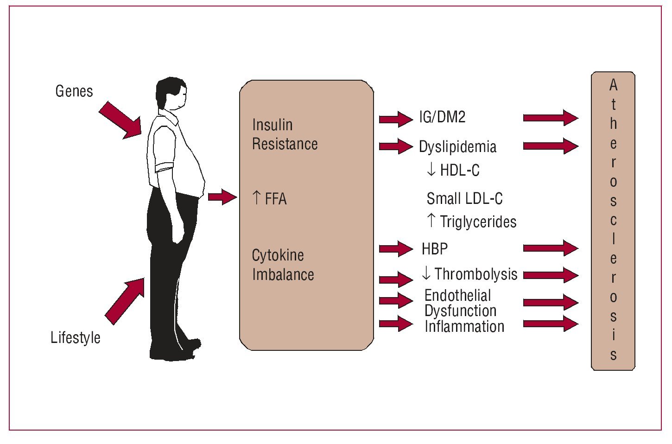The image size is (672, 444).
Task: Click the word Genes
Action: click(x=74, y=91)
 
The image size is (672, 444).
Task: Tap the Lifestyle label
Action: click(x=76, y=337)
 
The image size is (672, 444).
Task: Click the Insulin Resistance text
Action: click(x=285, y=134)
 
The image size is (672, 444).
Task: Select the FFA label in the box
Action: click(x=275, y=199)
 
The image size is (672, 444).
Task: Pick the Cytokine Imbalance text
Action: click(x=283, y=265)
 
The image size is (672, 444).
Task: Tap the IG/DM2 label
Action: click(x=442, y=117)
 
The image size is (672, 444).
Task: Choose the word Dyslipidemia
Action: click(x=457, y=147)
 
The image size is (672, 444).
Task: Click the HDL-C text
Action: click(x=459, y=171)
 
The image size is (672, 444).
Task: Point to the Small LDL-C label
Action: click(x=464, y=199)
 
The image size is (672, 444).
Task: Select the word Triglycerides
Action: click(x=478, y=222)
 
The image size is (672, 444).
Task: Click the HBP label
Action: click(x=435, y=249)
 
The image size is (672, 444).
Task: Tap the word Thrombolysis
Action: click(x=475, y=274)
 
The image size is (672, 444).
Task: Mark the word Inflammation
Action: click(x=464, y=326)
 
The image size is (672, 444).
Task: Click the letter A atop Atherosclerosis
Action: click(x=613, y=85)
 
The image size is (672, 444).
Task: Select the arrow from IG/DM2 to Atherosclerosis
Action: click(x=551, y=118)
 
